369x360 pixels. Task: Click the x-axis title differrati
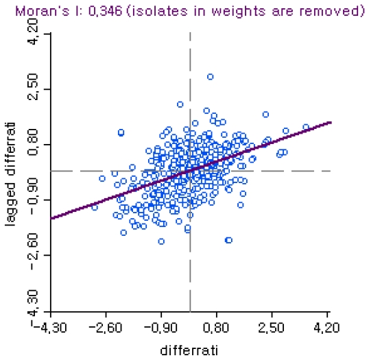(189, 351)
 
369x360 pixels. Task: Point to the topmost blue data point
(211, 77)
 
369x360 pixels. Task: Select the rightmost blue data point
(306, 127)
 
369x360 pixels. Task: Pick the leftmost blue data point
(95, 207)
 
